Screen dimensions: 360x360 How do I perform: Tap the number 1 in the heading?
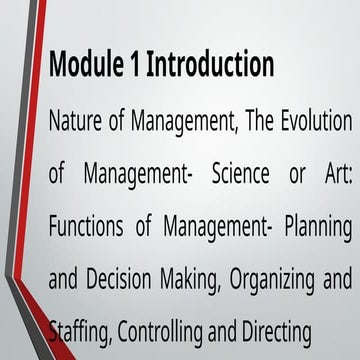coord(136,65)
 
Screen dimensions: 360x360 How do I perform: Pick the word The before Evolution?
coord(250,124)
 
